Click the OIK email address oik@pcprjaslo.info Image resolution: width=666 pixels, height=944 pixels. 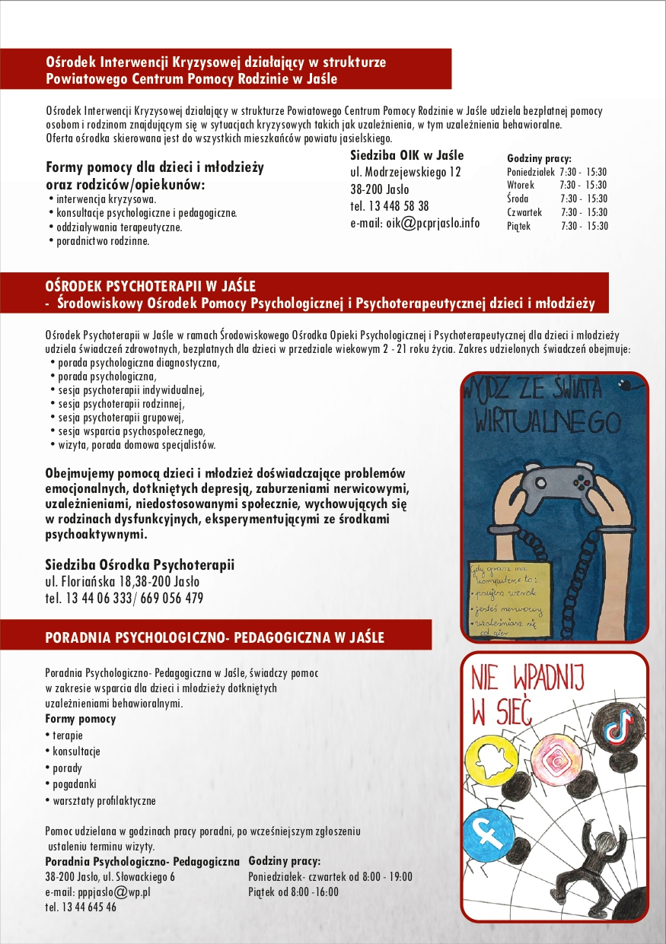[x=415, y=223]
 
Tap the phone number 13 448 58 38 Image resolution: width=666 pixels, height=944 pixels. [x=389, y=206]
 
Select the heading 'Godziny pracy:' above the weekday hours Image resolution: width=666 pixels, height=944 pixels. [x=539, y=158]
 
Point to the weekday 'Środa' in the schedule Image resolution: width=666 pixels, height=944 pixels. [x=518, y=199]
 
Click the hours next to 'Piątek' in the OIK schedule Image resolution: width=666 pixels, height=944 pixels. [x=584, y=226]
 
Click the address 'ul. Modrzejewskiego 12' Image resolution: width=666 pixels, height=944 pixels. [x=406, y=173]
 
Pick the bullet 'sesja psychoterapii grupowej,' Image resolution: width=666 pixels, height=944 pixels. [x=121, y=418]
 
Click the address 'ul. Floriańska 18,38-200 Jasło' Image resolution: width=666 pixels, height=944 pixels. [x=123, y=582]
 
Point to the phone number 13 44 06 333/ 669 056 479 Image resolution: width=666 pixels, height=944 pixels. [x=124, y=598]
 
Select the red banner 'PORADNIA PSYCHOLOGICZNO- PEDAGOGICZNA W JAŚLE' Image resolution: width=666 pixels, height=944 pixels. [x=215, y=637]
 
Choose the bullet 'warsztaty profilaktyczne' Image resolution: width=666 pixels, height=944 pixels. [x=104, y=801]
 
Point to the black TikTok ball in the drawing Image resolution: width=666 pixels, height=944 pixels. [x=614, y=729]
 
